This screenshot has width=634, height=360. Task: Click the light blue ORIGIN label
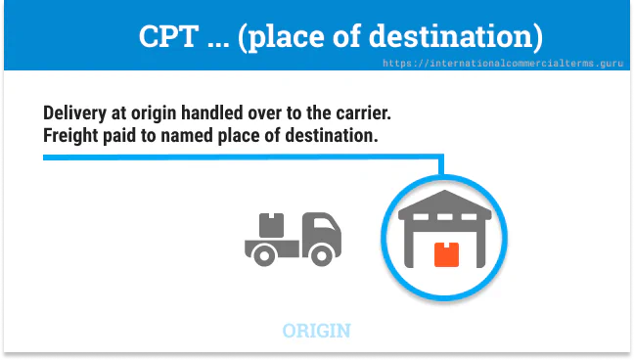coord(316,331)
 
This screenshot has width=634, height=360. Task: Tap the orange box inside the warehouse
coord(445,254)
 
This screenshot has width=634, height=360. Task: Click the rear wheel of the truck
coord(262,255)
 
